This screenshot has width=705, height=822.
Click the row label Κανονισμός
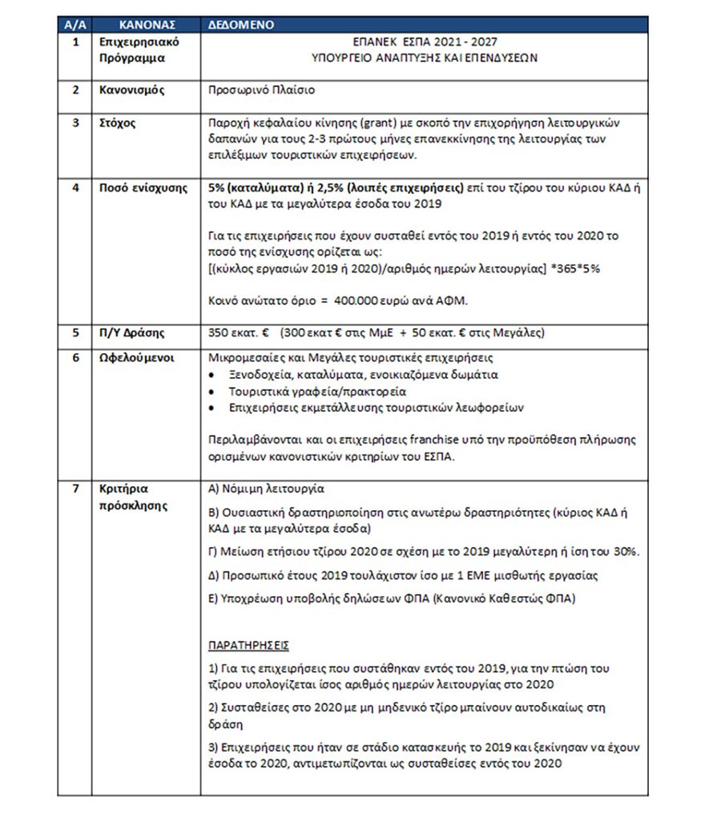point(131,90)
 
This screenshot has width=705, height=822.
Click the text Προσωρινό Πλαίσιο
point(261,90)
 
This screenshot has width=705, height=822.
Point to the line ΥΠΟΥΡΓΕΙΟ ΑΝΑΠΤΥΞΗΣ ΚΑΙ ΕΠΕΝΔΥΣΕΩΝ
point(425,58)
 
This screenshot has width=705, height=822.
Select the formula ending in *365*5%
point(404,268)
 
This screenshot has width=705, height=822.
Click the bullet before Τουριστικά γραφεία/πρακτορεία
point(211,393)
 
